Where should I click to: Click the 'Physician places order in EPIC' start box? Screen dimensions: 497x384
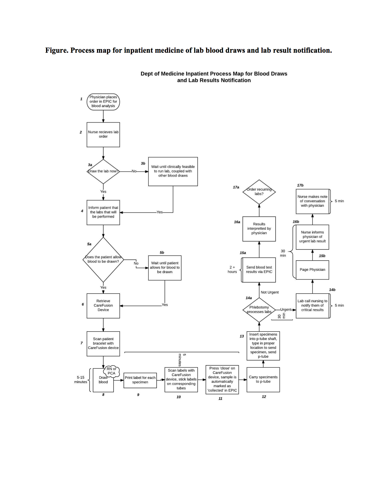click(x=103, y=102)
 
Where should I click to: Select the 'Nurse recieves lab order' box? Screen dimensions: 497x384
click(x=103, y=134)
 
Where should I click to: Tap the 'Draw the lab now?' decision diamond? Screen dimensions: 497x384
click(x=103, y=171)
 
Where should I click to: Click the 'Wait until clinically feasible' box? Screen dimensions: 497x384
click(x=173, y=171)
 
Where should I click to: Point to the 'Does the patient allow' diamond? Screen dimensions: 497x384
click(x=103, y=259)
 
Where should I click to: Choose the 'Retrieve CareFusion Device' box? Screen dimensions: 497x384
click(x=103, y=305)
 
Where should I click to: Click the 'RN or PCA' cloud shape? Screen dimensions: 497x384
click(x=111, y=371)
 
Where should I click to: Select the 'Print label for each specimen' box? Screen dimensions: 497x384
click(x=140, y=380)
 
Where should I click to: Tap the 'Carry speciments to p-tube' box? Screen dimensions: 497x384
click(x=263, y=379)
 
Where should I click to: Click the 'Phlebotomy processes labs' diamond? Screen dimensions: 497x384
click(x=259, y=310)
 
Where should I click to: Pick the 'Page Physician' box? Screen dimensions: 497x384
click(x=312, y=270)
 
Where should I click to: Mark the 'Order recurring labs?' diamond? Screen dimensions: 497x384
click(x=259, y=192)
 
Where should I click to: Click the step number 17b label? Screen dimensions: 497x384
click(x=300, y=185)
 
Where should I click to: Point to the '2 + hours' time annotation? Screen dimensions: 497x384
click(x=232, y=269)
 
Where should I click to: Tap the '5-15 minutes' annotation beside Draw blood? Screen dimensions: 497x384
click(x=80, y=380)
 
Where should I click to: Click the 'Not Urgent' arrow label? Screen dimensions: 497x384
click(x=270, y=292)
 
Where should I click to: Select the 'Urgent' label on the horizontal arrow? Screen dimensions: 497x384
click(x=286, y=309)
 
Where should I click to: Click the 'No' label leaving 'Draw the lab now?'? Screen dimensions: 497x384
click(x=134, y=171)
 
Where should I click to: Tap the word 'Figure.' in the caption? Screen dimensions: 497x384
click(x=57, y=50)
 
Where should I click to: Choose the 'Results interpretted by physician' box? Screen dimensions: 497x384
click(x=259, y=228)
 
